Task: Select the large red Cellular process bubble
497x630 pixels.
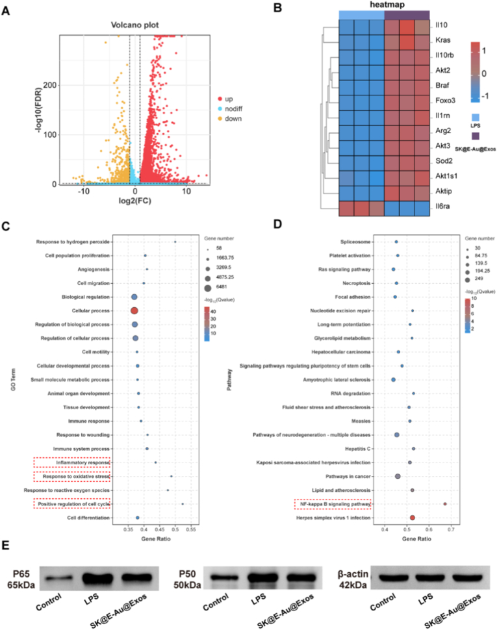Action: [134, 311]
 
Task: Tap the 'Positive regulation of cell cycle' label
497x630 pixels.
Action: [72, 503]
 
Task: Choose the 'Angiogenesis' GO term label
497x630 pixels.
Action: [94, 269]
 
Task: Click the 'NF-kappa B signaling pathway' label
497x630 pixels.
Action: [333, 503]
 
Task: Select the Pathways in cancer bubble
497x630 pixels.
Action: [398, 476]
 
